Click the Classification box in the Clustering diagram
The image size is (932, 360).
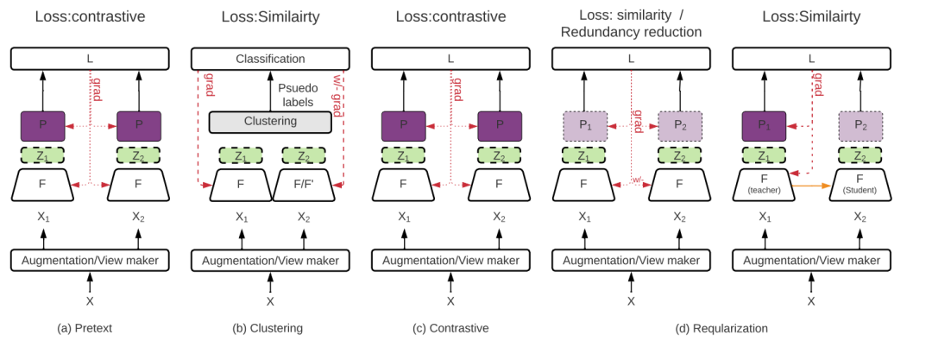tap(270, 59)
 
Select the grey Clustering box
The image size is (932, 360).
tap(270, 122)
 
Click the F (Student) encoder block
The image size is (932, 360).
tap(860, 185)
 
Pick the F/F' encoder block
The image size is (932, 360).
tap(304, 185)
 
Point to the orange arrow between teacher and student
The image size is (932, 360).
tap(811, 186)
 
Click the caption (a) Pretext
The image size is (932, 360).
tap(85, 328)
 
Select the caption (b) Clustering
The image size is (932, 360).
tap(268, 328)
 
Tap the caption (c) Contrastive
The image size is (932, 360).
tap(450, 328)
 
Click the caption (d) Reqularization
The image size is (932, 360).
tap(721, 328)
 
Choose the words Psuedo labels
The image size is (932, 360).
tap(299, 95)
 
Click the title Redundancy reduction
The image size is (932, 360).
tap(631, 32)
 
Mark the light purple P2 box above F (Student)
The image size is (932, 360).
tap(860, 126)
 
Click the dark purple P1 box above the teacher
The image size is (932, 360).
tap(764, 126)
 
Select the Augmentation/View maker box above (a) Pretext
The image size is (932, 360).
tap(90, 261)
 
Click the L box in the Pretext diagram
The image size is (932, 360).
tap(90, 59)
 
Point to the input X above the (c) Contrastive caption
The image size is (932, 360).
tap(450, 301)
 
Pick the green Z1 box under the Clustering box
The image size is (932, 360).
tap(241, 156)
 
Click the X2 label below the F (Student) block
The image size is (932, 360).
tap(860, 218)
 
